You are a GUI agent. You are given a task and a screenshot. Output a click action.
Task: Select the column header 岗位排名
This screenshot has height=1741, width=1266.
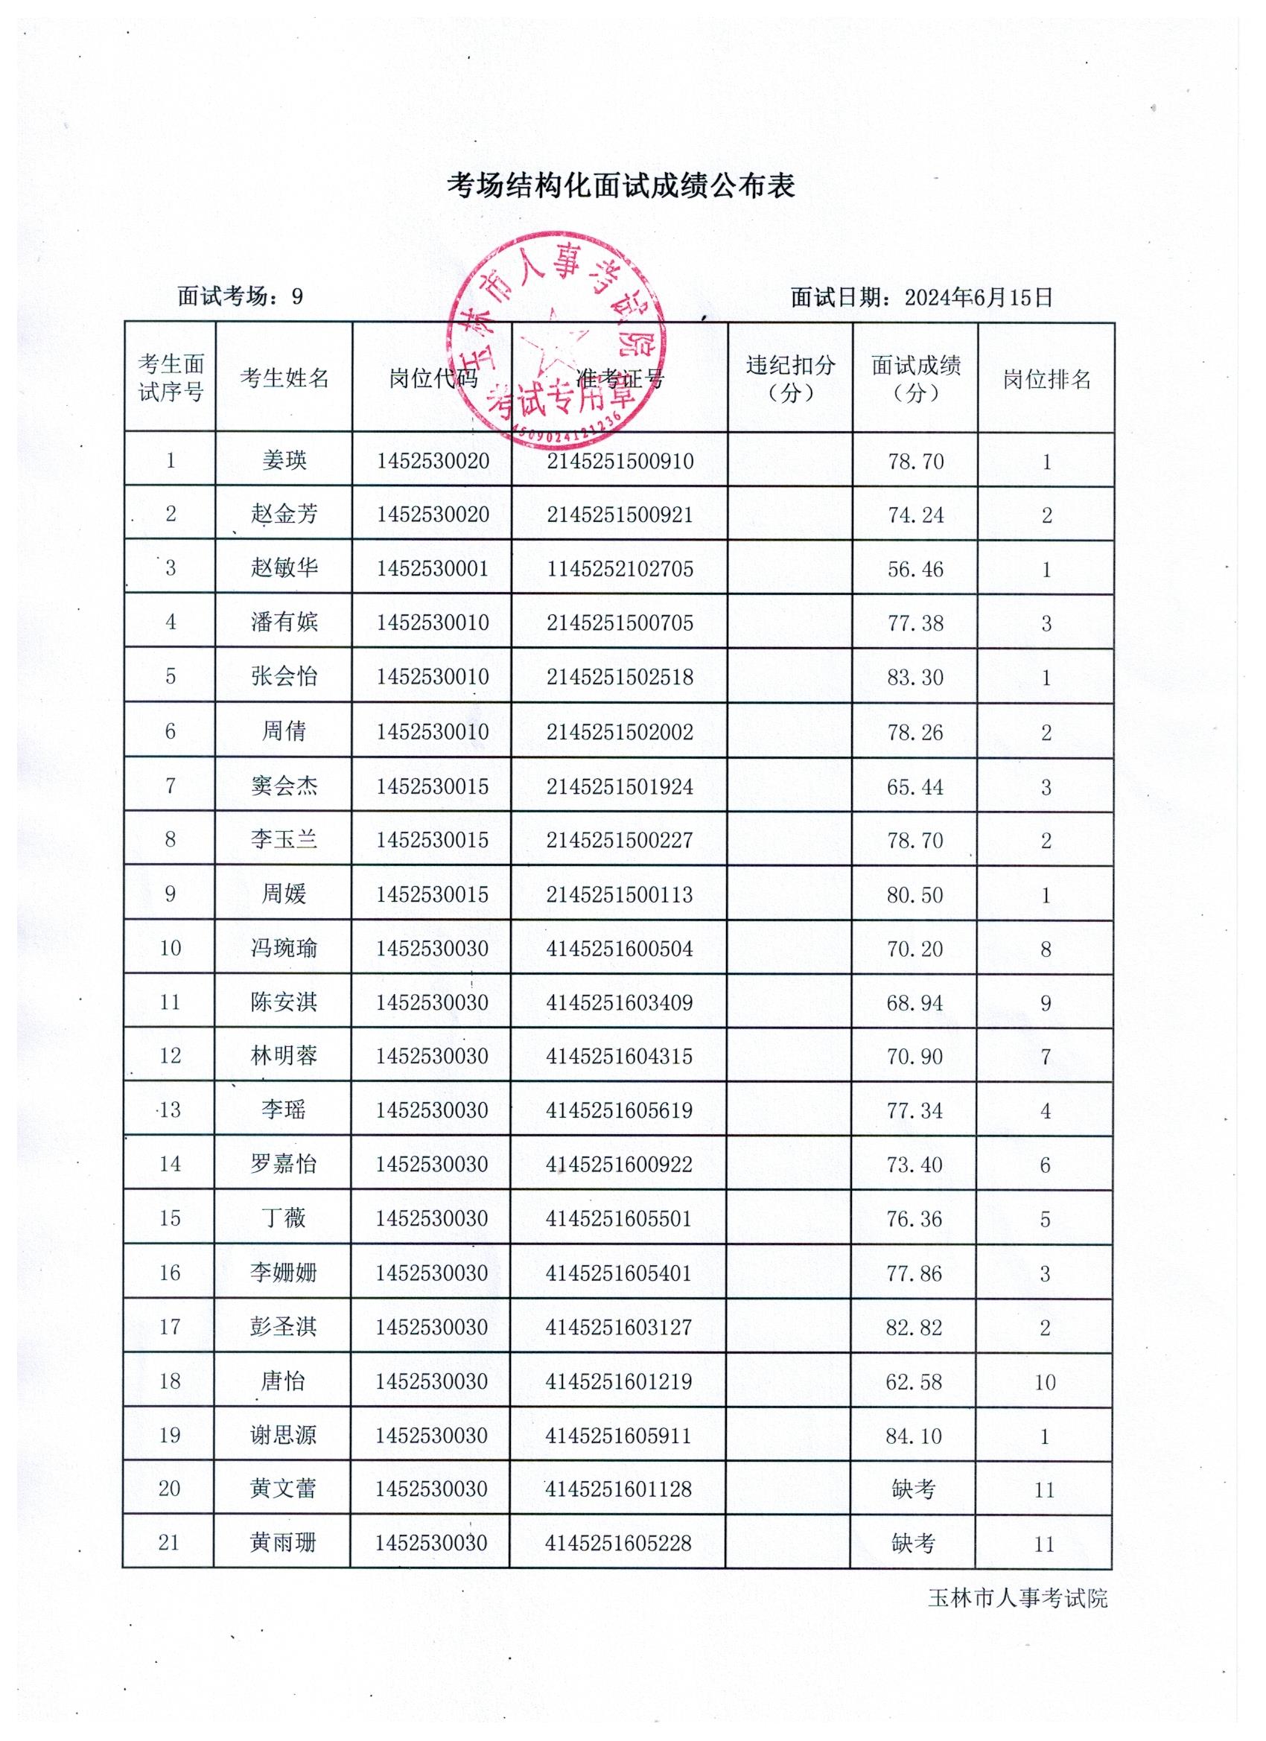(x=1046, y=379)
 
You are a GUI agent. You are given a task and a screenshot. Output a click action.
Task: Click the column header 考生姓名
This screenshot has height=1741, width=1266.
(x=284, y=378)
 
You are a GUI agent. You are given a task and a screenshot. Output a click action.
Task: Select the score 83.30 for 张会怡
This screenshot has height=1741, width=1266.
(x=915, y=677)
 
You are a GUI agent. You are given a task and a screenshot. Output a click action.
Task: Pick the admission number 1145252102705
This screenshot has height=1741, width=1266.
(x=620, y=569)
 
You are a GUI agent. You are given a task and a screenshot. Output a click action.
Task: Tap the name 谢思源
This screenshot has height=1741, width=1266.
(x=283, y=1436)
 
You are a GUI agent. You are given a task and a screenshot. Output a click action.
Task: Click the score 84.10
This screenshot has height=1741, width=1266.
(x=914, y=1436)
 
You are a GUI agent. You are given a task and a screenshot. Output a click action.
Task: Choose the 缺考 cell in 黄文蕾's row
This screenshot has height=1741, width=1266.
(x=914, y=1490)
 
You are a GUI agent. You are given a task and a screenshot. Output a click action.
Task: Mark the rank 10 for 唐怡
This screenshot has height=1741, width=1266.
(x=1045, y=1383)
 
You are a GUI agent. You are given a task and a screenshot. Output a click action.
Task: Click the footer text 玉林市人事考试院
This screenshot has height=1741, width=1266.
(x=1018, y=1599)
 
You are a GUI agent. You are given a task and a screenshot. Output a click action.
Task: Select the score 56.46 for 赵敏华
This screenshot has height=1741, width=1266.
(x=915, y=570)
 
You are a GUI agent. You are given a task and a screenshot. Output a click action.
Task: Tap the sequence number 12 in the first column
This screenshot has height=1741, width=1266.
(x=170, y=1056)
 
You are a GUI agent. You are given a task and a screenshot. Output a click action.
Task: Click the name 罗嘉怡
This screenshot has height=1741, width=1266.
(x=283, y=1165)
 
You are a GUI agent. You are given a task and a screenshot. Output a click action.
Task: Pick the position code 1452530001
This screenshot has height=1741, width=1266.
(x=432, y=569)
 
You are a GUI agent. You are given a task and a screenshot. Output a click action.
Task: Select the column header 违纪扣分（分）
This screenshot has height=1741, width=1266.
(x=790, y=378)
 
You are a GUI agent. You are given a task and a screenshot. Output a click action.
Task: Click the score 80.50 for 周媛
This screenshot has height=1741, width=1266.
(x=914, y=895)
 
